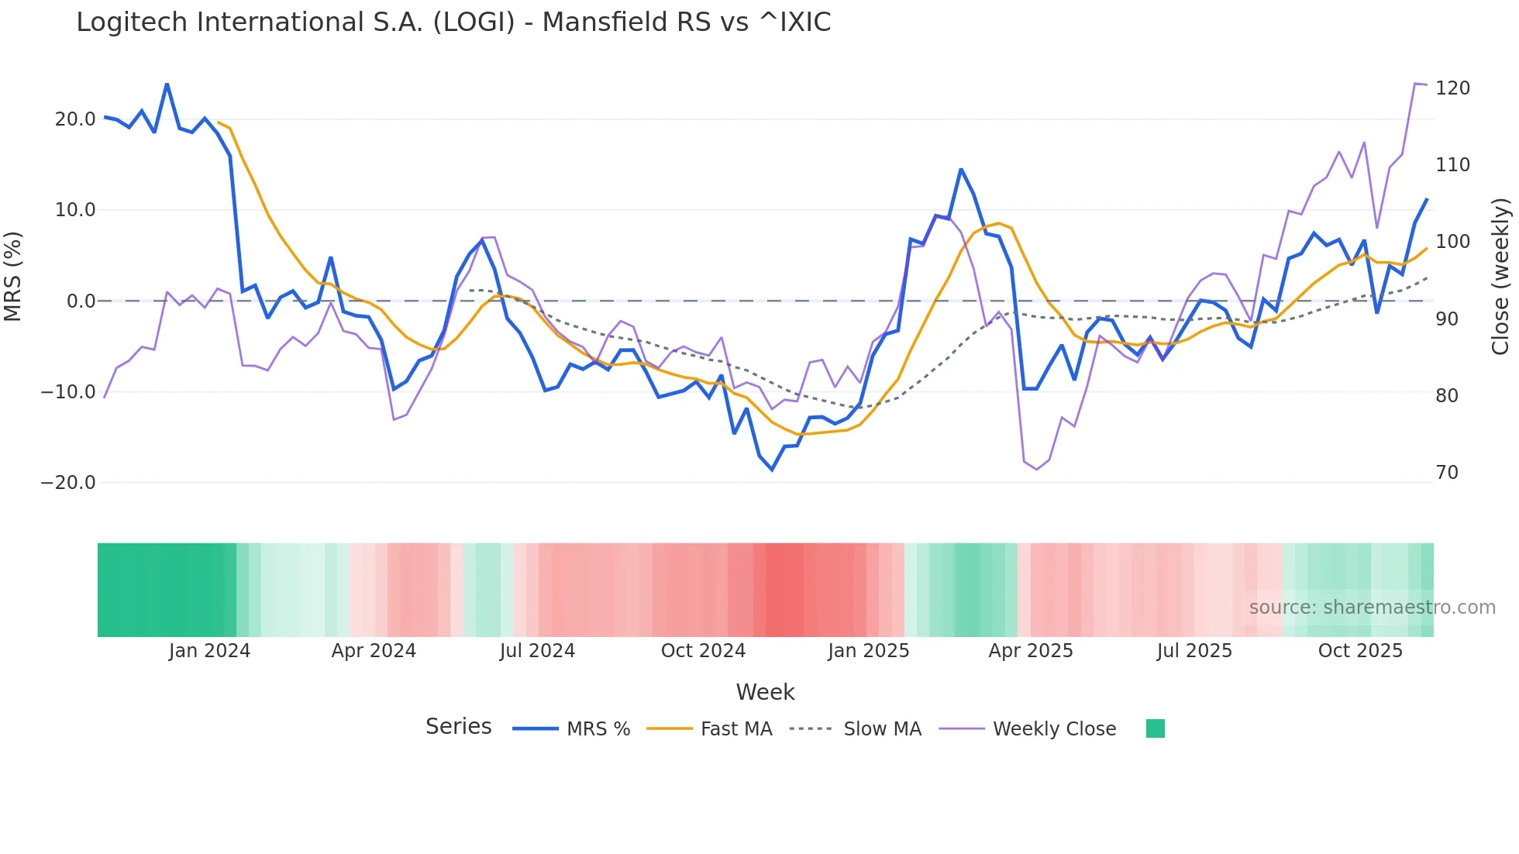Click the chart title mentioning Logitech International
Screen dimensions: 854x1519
pos(453,22)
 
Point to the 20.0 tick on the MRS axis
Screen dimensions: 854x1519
pos(74,119)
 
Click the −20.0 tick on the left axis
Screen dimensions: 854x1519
pos(68,483)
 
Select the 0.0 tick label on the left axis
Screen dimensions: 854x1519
pos(81,301)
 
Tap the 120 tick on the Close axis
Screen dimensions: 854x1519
pos(1452,88)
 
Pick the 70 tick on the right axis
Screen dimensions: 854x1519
pos(1447,473)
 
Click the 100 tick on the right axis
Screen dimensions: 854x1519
pos(1452,242)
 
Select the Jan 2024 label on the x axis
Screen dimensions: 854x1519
pos(209,651)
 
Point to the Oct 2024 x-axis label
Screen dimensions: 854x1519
pos(703,651)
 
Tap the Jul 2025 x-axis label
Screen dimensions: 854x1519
pos(1194,651)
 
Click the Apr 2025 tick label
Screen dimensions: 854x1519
pos(1031,651)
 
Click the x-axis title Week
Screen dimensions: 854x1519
pos(765,692)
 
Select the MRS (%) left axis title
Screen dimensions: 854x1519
pos(13,277)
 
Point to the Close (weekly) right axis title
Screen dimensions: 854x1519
pos(1501,277)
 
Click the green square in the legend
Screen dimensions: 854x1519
pos(1155,728)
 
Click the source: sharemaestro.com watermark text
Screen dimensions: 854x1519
pos(1372,608)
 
